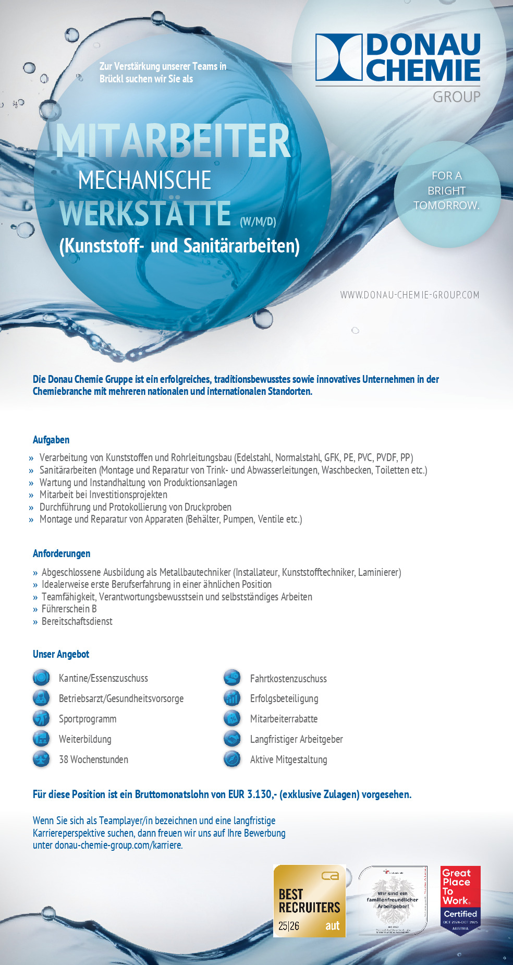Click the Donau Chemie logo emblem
339,57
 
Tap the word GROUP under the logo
456,97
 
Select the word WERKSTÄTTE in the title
145,213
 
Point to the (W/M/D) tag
258,222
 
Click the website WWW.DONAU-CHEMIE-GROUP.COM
409,295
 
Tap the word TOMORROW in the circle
446,206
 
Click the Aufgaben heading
51,440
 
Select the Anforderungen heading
62,553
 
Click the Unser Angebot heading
61,654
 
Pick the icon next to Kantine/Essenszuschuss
41,678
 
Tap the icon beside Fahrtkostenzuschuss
232,678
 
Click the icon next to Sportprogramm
41,718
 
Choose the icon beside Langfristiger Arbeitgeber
232,739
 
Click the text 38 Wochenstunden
93,759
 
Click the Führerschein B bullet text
69,609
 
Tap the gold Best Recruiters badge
309,901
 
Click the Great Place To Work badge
460,900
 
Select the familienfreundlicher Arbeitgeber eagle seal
393,901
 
